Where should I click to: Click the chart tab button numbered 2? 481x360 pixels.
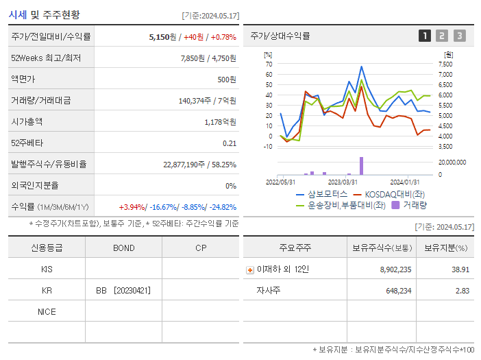tap(442, 36)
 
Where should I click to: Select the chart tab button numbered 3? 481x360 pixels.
tap(459, 36)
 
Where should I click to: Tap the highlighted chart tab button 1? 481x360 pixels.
tap(425, 36)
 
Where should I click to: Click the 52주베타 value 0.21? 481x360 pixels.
tap(229, 143)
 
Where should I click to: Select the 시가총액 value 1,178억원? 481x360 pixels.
tap(220, 121)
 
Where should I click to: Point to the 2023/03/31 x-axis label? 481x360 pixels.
tap(343, 182)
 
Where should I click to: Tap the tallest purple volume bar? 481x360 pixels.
tap(361, 166)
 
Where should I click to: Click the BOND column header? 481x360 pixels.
tap(123, 248)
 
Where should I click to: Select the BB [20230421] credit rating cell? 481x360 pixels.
tap(123, 290)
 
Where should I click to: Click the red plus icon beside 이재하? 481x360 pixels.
tap(250, 269)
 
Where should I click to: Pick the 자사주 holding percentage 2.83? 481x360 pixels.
tap(460, 290)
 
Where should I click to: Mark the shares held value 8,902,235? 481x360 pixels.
tap(395, 269)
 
